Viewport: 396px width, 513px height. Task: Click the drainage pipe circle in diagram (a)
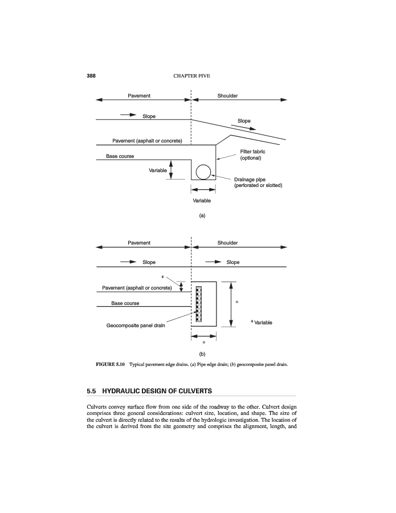203,172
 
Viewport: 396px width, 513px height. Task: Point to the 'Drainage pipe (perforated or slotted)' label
258,182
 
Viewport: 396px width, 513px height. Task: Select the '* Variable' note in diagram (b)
262,323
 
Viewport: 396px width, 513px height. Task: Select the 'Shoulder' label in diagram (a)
227,96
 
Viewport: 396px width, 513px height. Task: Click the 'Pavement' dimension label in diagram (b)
139,243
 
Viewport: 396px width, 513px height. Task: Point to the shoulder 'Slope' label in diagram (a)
244,121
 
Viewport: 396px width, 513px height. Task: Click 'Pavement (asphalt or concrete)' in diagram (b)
137,287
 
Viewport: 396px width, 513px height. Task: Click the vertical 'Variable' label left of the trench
158,170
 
